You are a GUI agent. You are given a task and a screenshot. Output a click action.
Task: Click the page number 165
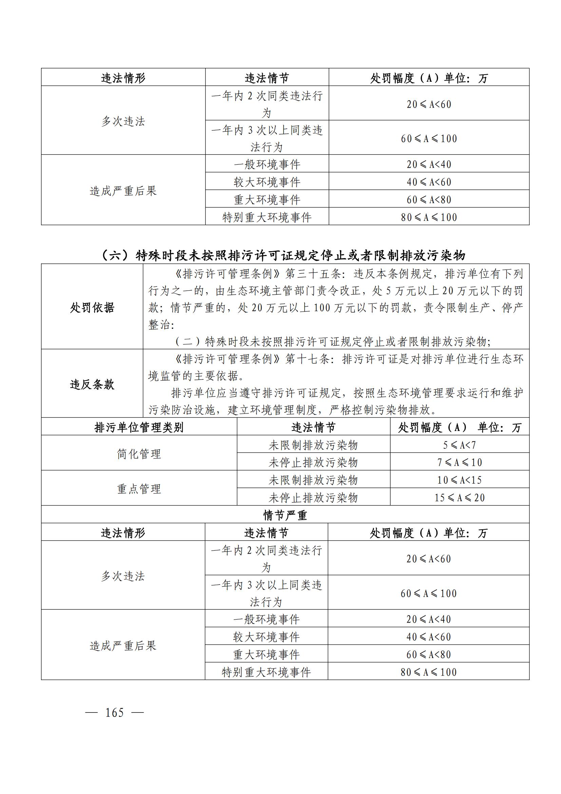click(x=114, y=713)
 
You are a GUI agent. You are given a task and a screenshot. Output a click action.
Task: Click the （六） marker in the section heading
click(x=115, y=256)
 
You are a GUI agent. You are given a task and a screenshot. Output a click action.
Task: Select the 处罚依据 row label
click(x=92, y=308)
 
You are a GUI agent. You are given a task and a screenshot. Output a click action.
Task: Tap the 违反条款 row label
click(x=92, y=384)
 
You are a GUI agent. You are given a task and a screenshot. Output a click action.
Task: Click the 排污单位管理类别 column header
click(x=139, y=427)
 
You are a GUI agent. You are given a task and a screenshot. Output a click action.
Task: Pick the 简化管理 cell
click(x=139, y=454)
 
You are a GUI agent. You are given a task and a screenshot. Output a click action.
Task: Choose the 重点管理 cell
click(x=139, y=488)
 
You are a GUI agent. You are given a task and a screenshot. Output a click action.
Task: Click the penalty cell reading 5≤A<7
click(x=460, y=445)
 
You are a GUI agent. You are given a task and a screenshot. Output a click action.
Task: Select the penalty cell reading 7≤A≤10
click(x=460, y=462)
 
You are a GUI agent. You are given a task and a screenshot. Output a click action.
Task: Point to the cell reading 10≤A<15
click(x=460, y=480)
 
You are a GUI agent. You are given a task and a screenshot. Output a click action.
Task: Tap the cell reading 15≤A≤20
click(x=460, y=498)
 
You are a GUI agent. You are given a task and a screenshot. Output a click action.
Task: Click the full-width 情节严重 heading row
click(x=285, y=515)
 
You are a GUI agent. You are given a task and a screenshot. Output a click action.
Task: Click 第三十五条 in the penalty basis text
click(x=313, y=274)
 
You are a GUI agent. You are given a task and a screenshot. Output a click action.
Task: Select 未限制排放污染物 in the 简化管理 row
click(x=313, y=445)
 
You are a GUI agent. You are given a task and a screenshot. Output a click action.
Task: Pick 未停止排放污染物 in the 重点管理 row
click(x=313, y=498)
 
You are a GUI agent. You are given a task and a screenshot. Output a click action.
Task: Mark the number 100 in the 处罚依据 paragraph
click(x=322, y=308)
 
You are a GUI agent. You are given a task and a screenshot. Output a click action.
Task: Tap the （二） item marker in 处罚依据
click(x=188, y=342)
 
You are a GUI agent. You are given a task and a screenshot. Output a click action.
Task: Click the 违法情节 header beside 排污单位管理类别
click(x=313, y=427)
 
